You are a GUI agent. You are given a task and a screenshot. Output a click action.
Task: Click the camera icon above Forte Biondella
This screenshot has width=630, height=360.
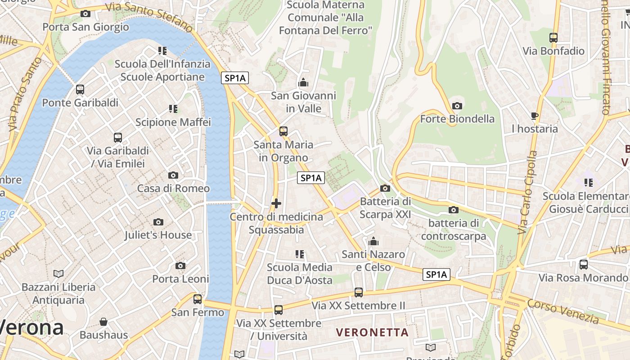tap(457, 106)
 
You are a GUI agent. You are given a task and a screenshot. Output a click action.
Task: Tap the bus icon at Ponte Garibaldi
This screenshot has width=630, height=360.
tap(80, 90)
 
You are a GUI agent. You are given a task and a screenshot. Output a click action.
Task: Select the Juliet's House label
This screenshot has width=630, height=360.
tap(158, 235)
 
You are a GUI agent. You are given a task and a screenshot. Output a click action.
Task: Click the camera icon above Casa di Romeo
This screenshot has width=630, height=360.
tap(173, 175)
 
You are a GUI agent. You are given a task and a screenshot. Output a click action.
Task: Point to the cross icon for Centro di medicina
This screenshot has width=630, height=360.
tap(276, 203)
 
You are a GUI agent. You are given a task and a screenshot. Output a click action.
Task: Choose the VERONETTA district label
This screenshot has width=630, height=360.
tap(373, 333)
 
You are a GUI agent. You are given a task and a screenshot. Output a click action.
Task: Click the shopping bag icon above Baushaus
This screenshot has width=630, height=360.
tap(103, 322)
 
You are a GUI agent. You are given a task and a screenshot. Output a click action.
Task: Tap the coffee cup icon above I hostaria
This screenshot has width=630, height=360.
tap(535, 116)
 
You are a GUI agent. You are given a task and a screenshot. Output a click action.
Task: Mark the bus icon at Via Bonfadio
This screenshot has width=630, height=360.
tap(553, 38)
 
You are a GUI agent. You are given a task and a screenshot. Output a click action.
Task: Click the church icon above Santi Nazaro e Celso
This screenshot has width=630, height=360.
tap(373, 242)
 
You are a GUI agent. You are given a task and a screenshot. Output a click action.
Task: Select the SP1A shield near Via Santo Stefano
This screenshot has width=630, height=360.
tap(235, 78)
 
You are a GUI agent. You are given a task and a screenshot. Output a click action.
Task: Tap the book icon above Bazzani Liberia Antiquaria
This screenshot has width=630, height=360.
tap(58, 274)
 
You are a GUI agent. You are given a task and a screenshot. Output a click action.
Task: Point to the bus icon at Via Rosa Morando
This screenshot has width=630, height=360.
tap(583, 265)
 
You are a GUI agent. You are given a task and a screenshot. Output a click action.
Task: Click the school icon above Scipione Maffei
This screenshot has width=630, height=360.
tap(173, 108)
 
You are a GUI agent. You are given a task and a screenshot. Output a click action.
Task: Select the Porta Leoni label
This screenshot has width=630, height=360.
tap(180, 279)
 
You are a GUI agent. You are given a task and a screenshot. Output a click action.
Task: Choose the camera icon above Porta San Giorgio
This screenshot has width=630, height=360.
tap(85, 14)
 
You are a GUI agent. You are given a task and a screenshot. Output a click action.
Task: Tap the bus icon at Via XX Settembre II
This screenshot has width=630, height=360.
tap(358, 292)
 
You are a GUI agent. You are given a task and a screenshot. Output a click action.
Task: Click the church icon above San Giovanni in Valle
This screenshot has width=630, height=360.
tap(303, 83)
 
